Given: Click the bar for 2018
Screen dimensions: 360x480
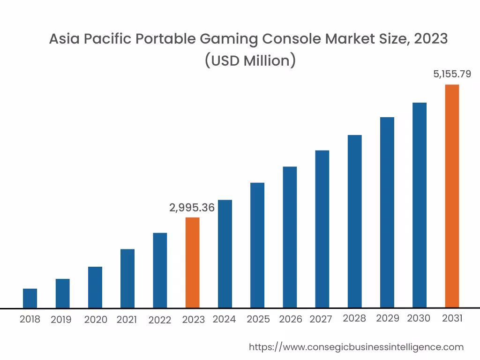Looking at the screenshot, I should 30,298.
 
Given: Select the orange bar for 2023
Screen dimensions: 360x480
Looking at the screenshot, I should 192,262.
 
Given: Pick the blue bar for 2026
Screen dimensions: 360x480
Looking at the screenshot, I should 290,237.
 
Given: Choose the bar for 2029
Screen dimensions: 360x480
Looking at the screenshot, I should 387,212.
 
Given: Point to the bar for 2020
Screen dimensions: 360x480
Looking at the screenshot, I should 95,287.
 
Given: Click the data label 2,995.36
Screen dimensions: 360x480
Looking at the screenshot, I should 192,208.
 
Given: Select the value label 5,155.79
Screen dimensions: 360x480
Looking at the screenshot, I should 452,74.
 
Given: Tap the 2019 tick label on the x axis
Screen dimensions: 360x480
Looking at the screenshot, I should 61,320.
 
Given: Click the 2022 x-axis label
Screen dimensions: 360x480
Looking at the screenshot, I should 160,320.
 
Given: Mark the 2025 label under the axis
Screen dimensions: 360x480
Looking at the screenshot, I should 258,319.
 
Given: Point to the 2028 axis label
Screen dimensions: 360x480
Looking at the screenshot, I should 354,319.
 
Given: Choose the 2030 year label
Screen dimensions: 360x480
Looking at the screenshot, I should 419,319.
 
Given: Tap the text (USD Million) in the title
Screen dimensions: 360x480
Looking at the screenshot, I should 250,60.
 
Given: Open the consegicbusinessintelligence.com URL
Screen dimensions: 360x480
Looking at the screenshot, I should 356,347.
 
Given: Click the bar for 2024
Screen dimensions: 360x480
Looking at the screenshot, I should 225,254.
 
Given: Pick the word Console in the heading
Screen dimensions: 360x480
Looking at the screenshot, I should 290,39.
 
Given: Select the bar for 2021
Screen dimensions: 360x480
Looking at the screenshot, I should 127,278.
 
